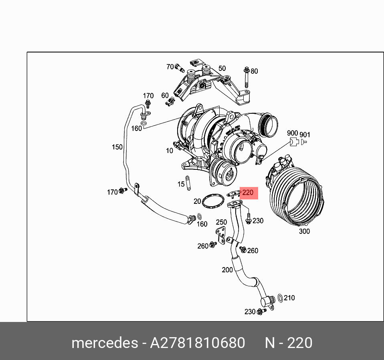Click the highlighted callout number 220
248,193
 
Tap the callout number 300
304,231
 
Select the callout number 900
293,133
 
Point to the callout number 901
305,135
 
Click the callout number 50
222,68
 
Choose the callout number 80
254,71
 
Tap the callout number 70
170,66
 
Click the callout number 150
117,147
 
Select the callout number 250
221,222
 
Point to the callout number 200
227,270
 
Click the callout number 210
289,298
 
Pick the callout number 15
181,184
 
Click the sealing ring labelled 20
212,201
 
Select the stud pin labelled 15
188,183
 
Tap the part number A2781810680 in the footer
197,343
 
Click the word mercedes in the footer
104,343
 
